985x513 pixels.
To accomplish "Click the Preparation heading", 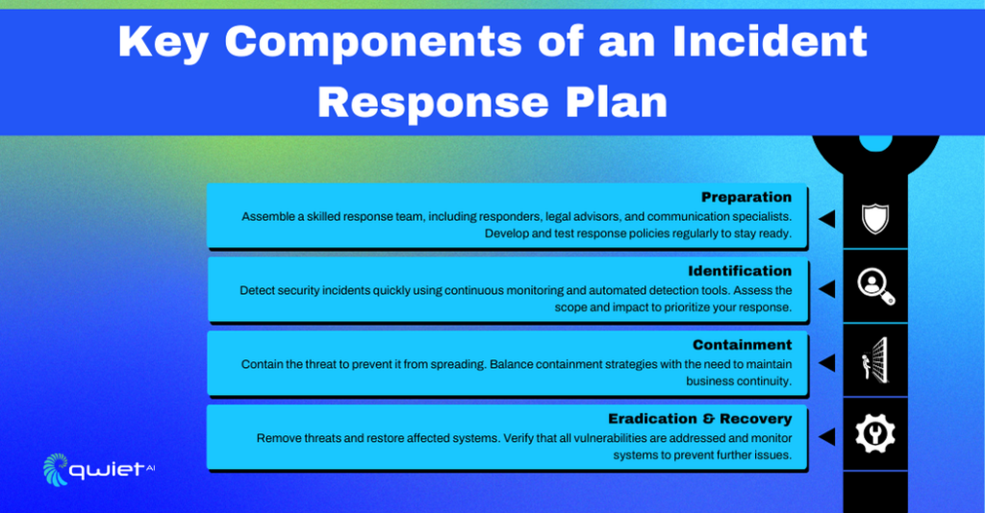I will pyautogui.click(x=745, y=198).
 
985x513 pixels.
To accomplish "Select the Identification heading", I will pyautogui.click(x=740, y=271).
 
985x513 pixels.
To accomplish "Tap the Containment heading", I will pyautogui.click(x=742, y=345).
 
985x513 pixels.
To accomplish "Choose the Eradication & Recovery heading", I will pyautogui.click(x=699, y=419).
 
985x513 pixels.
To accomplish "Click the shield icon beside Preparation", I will pyautogui.click(x=874, y=219).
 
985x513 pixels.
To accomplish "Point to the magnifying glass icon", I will pyautogui.click(x=875, y=286).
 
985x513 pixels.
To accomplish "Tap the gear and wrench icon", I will pyautogui.click(x=875, y=435).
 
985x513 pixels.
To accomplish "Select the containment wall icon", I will pyautogui.click(x=875, y=361).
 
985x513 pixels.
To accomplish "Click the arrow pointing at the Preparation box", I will pyautogui.click(x=825, y=219).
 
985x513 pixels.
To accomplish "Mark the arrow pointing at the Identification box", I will pyautogui.click(x=825, y=288).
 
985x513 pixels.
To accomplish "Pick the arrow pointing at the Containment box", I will pyautogui.click(x=825, y=362).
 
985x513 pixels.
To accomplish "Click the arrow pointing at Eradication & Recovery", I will pyautogui.click(x=825, y=437).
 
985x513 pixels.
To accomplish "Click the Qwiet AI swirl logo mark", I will pyautogui.click(x=57, y=470).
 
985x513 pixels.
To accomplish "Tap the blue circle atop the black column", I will pyautogui.click(x=875, y=141).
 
